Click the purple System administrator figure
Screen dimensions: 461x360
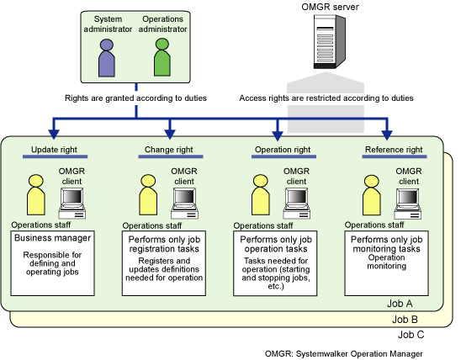(107, 58)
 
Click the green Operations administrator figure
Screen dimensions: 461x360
(162, 57)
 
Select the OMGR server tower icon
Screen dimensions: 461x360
(329, 42)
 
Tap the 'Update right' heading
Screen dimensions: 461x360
(54, 150)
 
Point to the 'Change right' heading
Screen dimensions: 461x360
(169, 150)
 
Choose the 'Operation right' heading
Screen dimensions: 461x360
(283, 150)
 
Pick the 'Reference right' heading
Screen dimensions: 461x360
(394, 150)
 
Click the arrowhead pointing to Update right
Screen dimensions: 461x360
(54, 134)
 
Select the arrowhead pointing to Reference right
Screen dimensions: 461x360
(387, 135)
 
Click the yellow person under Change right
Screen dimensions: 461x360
(148, 195)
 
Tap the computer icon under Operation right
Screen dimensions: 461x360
(297, 204)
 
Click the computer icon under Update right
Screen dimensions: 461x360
(72, 204)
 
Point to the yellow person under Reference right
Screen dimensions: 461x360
(372, 195)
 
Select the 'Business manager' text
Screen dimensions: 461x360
(53, 238)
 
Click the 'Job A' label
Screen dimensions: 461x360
(400, 304)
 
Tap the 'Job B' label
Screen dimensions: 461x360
(405, 319)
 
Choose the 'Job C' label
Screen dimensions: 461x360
(411, 335)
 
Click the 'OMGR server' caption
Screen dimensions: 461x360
(330, 7)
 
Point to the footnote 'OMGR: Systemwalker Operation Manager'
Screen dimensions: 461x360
(344, 353)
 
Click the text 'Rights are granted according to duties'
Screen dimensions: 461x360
(135, 98)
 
